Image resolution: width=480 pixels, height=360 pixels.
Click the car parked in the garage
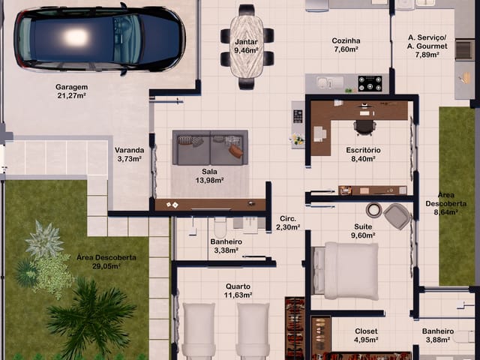coord(100,39)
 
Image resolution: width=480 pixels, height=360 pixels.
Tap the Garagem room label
coord(72,87)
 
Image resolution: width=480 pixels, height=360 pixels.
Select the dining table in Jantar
coord(247,46)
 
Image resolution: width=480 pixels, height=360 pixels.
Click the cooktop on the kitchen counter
coord(370,83)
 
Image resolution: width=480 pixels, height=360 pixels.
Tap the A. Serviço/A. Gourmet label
coord(427,42)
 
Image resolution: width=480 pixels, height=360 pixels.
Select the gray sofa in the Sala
coord(210,148)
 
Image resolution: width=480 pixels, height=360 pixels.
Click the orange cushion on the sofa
coord(235,151)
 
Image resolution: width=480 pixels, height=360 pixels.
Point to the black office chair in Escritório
coord(364,127)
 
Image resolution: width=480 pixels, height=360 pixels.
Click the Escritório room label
coord(363,150)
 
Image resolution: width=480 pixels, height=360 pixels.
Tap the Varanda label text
coord(130,150)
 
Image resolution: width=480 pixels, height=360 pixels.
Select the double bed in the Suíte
coord(345,271)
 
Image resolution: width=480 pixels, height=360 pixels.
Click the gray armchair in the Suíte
coord(397,217)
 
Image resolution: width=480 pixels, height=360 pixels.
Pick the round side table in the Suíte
coord(374,210)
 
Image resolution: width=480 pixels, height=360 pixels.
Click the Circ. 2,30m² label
coord(288,223)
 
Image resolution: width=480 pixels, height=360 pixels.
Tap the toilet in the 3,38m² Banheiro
coord(220,226)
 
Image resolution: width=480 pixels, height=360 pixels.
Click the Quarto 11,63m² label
coord(238,291)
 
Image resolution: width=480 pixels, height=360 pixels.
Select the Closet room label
coord(366,331)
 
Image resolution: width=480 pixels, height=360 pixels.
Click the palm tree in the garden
coord(91,315)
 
